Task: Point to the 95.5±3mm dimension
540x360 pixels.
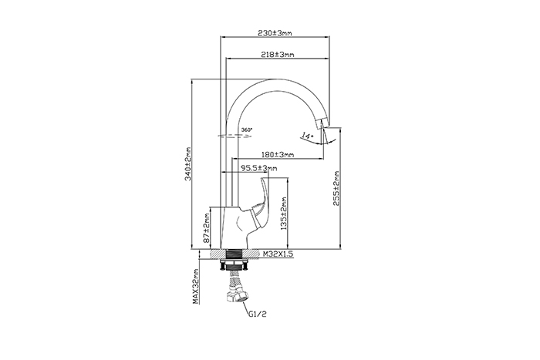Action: [258, 168]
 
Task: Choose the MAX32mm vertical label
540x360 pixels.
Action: [197, 284]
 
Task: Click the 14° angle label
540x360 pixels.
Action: [307, 136]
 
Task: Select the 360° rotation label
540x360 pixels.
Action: [247, 129]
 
